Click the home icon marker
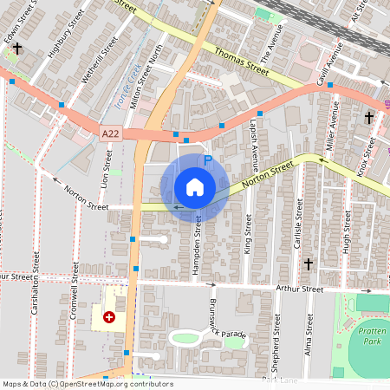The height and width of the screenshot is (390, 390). tap(195, 187)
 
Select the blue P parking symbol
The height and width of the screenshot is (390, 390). tap(207, 160)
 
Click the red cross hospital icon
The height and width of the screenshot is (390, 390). tap(109, 318)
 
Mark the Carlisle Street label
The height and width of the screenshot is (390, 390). tap(298, 221)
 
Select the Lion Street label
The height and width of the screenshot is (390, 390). tap(107, 169)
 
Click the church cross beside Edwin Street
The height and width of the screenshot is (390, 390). tap(16, 50)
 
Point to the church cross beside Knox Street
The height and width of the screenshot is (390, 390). tap(369, 117)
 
